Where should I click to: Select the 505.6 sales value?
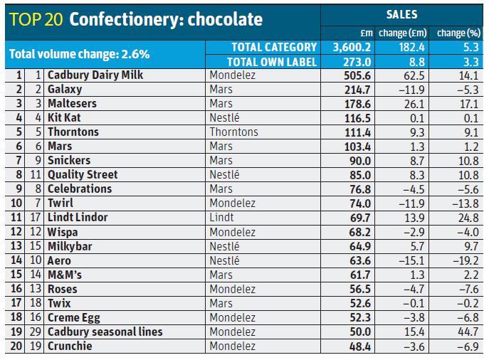coord(357,75)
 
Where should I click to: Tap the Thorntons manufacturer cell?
coord(233,132)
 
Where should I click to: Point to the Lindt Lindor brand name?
coord(78,217)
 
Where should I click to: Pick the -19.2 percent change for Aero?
coord(466,260)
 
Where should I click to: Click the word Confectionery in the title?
coord(125,19)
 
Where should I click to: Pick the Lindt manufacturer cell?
coord(221,217)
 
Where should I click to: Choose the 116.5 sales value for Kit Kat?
coord(357,117)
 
